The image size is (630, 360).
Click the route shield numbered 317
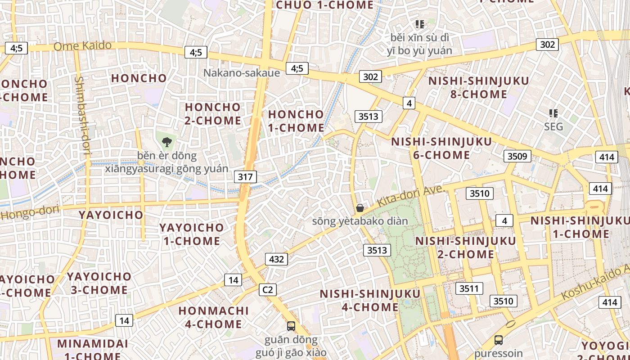click(245, 177)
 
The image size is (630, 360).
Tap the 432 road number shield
click(276, 259)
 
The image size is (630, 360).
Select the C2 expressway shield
click(267, 290)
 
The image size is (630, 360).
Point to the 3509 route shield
click(517, 156)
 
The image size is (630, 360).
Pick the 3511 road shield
click(469, 288)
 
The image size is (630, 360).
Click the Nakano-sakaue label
click(242, 73)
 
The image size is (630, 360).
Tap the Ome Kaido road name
click(82, 46)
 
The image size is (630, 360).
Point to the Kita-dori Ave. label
click(410, 197)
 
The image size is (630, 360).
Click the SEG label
click(553, 126)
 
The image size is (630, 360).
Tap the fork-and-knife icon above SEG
click(553, 113)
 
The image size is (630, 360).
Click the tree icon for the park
click(167, 142)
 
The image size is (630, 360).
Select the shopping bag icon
click(360, 208)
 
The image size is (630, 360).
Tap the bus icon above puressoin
click(498, 340)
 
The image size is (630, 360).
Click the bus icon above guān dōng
click(291, 326)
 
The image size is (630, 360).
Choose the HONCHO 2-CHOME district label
click(213, 114)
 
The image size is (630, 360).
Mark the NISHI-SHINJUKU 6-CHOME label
click(441, 148)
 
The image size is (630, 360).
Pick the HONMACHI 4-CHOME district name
click(213, 317)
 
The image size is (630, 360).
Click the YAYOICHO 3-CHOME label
click(99, 283)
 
